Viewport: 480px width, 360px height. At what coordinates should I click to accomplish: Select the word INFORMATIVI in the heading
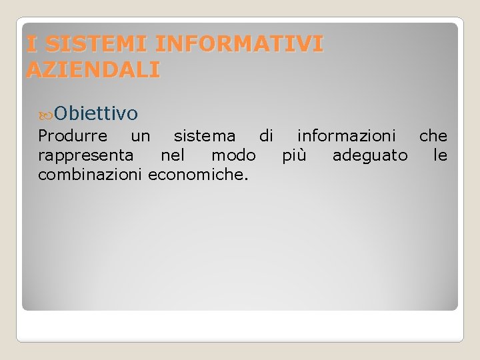click(x=239, y=44)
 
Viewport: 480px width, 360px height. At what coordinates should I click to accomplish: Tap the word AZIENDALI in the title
click(x=93, y=69)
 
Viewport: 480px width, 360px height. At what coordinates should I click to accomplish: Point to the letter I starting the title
click(x=31, y=44)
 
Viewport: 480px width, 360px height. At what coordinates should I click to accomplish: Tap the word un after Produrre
click(x=141, y=137)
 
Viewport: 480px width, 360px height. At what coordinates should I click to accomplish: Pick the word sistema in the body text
click(x=204, y=137)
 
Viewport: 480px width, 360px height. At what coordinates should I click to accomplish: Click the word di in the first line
click(x=266, y=136)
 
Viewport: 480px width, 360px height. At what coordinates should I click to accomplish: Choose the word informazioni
click(x=346, y=137)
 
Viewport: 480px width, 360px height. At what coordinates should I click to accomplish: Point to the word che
click(x=433, y=136)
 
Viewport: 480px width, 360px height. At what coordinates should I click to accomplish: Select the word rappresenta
click(x=85, y=156)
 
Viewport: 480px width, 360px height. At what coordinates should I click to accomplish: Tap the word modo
click(x=233, y=155)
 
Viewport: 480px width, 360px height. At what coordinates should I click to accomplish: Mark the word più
click(x=294, y=156)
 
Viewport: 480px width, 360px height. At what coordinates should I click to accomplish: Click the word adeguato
click(x=370, y=156)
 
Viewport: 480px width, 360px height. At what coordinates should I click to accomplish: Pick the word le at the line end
click(x=441, y=155)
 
